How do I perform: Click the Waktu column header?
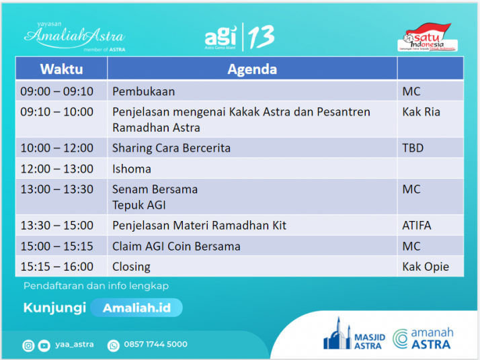61,69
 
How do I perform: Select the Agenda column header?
252,69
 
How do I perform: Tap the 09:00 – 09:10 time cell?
57,91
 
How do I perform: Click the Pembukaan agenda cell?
143,91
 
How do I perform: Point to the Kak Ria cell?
421,111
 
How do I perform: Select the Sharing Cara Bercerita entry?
171,148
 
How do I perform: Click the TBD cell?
413,148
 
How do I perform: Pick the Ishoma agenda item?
132,169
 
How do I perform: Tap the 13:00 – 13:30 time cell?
57,189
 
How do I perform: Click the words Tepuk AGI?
138,205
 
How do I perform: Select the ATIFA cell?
416,226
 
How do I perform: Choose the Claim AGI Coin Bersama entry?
176,246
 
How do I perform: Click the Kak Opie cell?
425,267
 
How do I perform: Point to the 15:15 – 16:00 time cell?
57,267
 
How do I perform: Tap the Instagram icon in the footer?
28,345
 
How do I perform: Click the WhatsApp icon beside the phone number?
112,345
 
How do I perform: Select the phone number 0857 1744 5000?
156,345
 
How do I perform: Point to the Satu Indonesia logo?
426,38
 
